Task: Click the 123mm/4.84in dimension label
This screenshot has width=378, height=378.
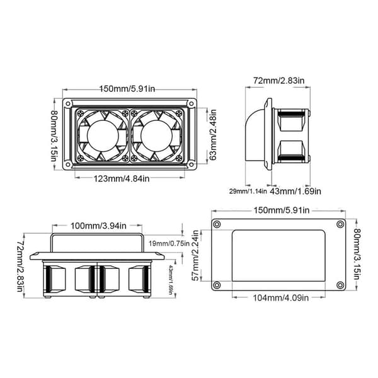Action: [122, 179]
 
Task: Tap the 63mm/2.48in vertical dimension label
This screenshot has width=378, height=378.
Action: [213, 135]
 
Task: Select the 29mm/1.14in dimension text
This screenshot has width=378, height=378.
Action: [248, 192]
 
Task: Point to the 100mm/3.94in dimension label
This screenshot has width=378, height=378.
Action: [98, 226]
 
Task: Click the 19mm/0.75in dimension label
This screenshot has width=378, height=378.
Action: [169, 243]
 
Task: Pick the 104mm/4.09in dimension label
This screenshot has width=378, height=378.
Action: [280, 298]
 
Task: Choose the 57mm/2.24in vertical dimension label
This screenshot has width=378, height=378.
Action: [195, 256]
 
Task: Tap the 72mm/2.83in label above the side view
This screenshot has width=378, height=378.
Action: [278, 81]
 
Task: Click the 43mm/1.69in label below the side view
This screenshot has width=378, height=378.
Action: [295, 192]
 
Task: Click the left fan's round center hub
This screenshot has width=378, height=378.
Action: [103, 135]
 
